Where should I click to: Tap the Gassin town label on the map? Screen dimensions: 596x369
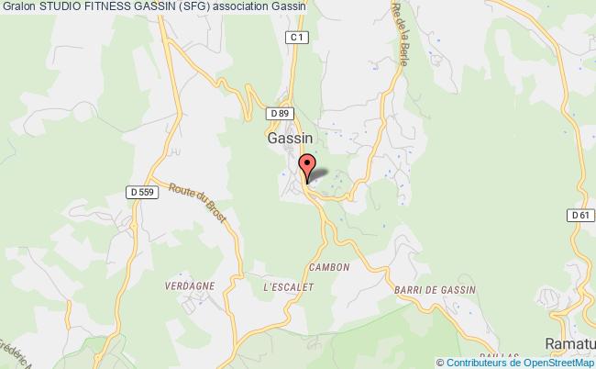point(290,138)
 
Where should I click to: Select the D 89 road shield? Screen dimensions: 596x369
point(281,113)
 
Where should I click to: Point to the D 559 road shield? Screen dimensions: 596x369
point(137,192)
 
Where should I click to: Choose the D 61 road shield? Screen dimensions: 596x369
point(578,215)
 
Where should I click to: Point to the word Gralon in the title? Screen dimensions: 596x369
point(18,8)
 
